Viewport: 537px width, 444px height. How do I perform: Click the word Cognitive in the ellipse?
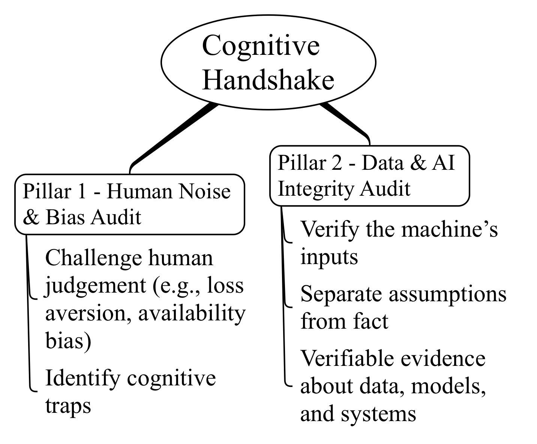point(261,46)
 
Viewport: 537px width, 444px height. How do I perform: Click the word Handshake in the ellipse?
point(268,80)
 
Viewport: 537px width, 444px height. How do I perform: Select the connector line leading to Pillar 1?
point(172,135)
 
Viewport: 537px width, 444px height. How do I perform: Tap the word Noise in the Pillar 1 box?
point(204,191)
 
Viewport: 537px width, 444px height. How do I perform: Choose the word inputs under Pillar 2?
point(329,257)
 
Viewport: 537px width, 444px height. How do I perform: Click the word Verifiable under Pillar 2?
point(347,358)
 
